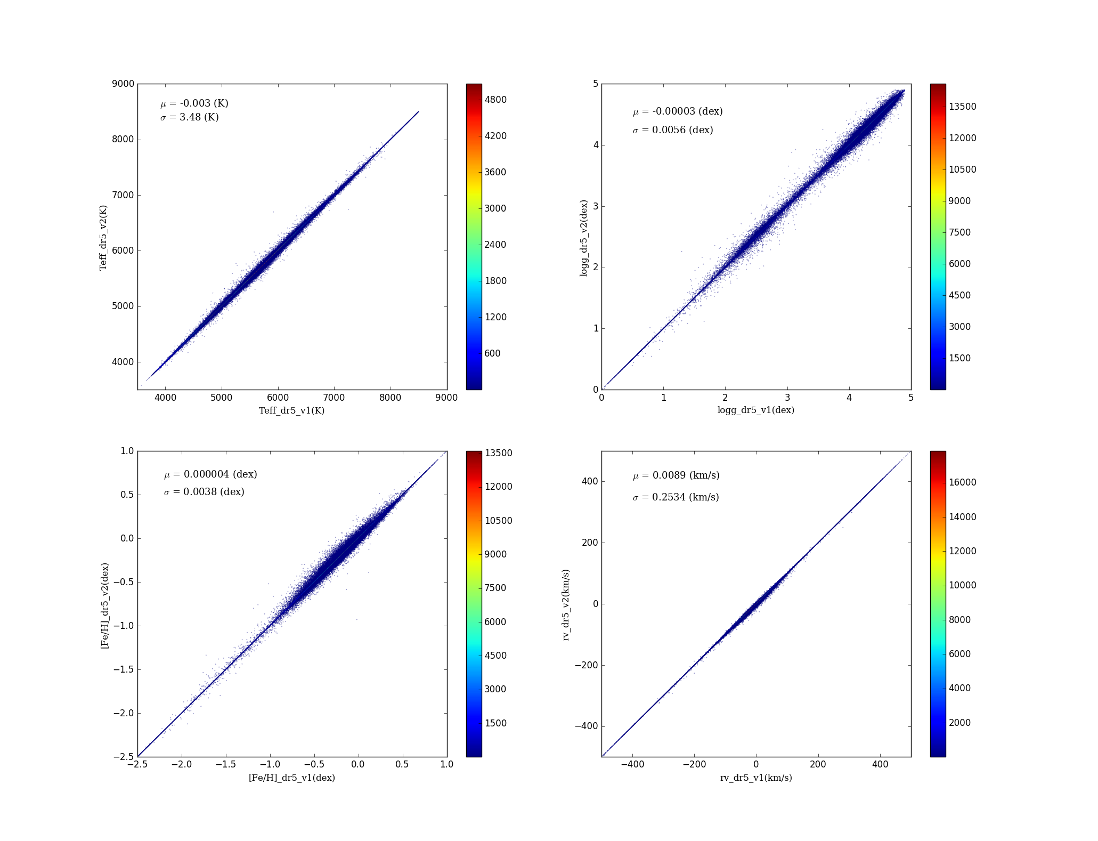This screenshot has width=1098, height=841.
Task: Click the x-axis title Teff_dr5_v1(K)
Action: (291, 410)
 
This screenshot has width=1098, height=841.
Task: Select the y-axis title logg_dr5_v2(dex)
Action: (584, 238)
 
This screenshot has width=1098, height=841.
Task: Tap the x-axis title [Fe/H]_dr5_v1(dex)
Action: (291, 778)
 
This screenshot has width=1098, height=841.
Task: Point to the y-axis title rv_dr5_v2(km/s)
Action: (566, 604)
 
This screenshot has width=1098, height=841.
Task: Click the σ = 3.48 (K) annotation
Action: (190, 117)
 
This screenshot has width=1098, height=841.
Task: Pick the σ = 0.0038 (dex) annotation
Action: (204, 492)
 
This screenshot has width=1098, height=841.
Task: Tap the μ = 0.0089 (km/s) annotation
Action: (676, 475)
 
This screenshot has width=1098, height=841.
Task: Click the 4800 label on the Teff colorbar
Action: (495, 100)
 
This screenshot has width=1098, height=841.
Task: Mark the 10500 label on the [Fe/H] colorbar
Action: (498, 521)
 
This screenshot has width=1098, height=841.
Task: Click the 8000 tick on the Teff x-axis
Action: (390, 398)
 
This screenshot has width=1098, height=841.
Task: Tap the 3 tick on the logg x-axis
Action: (787, 398)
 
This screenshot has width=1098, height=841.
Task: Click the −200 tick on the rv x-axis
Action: (694, 765)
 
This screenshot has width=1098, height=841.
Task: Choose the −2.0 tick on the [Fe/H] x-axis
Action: (182, 765)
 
